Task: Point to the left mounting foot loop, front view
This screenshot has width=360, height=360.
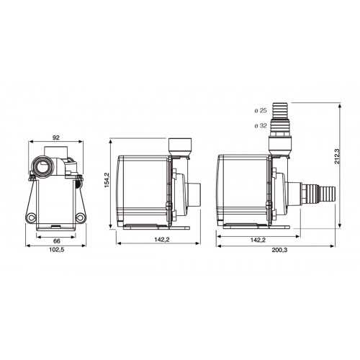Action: pyautogui.click(x=31, y=218)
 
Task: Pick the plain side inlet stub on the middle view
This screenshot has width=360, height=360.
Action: pyautogui.click(x=193, y=194)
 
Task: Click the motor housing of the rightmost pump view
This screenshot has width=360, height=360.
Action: pyautogui.click(x=243, y=189)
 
